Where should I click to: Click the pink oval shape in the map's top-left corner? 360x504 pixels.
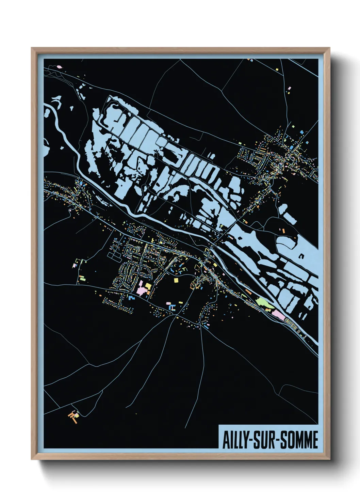click(x=60, y=67)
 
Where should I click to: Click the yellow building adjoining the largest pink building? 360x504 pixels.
click(x=148, y=286)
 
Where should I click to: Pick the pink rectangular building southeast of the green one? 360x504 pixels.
click(x=279, y=315)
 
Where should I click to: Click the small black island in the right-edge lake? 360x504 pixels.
click(x=301, y=256)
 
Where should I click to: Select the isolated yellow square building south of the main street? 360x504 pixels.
click(x=176, y=280)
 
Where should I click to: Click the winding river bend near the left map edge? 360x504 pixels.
click(x=51, y=112)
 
